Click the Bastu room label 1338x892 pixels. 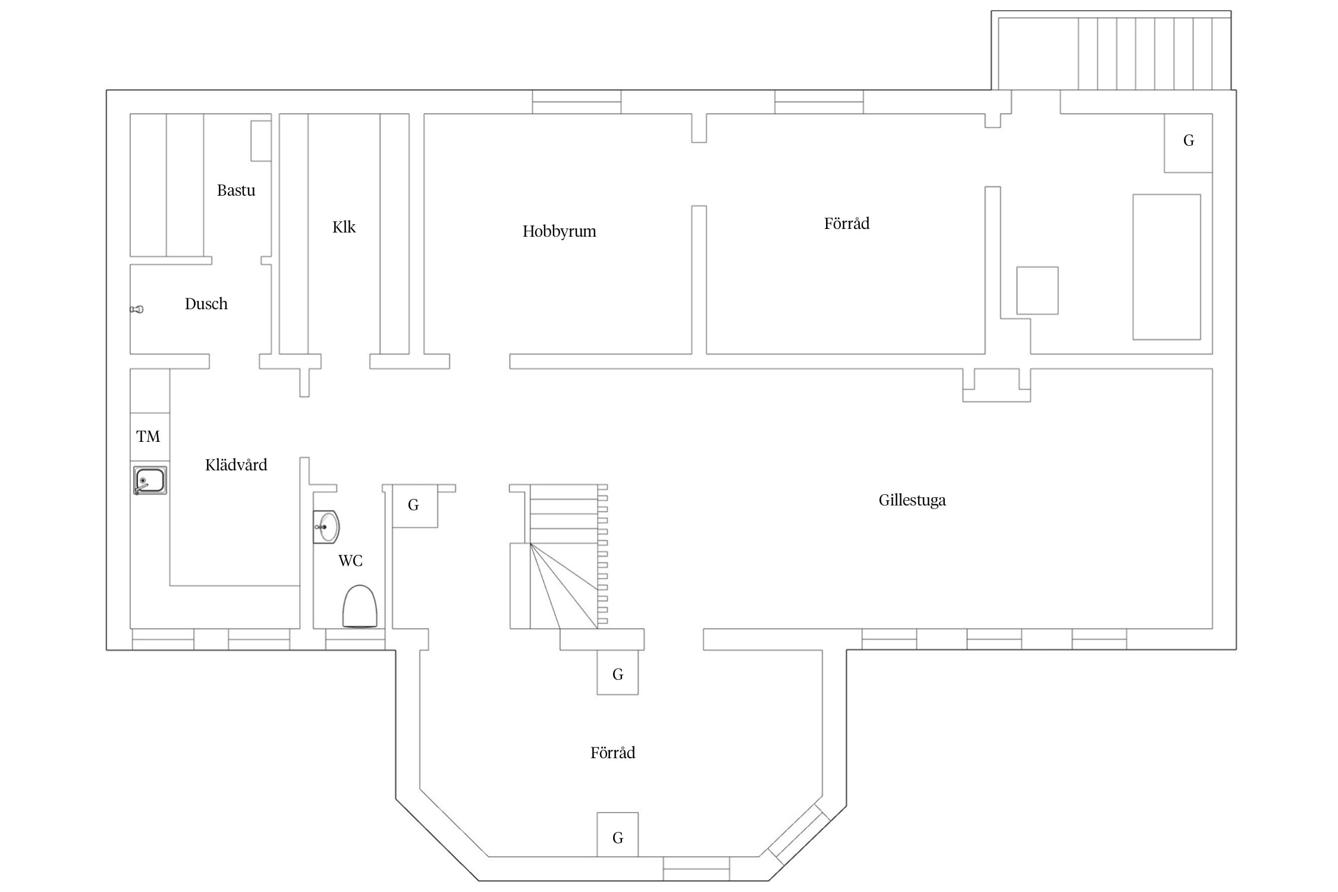click(x=236, y=190)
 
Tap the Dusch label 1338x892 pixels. click(x=206, y=304)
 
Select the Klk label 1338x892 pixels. click(x=344, y=227)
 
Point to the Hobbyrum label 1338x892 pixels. click(x=559, y=231)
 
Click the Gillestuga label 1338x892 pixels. click(x=912, y=500)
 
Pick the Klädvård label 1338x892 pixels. click(x=236, y=465)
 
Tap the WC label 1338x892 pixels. click(x=350, y=561)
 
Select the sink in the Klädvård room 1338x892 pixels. click(x=150, y=480)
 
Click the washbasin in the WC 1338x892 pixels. click(x=326, y=527)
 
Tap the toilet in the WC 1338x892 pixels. click(x=360, y=606)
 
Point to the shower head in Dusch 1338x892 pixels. click(x=137, y=309)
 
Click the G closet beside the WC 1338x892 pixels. click(x=415, y=506)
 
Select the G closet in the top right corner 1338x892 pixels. click(x=1188, y=143)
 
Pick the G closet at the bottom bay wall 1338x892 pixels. click(x=618, y=834)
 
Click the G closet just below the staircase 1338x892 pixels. click(x=618, y=672)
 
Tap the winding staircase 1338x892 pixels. click(x=559, y=557)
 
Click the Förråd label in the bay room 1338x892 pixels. click(x=613, y=753)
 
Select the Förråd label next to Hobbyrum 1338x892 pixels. click(x=847, y=224)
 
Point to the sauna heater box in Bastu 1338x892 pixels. click(x=260, y=141)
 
